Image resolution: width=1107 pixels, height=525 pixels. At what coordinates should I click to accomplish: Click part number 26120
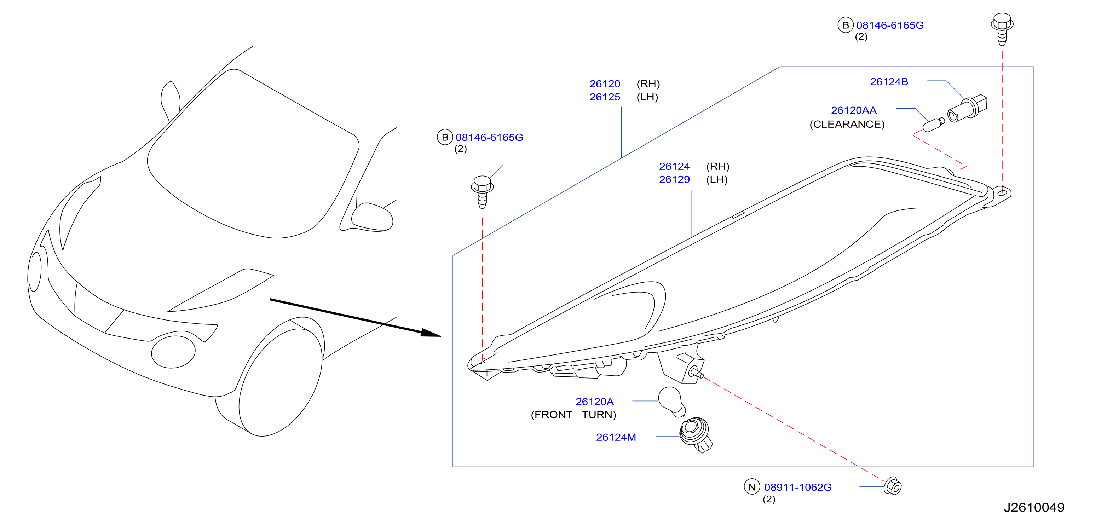tap(605, 84)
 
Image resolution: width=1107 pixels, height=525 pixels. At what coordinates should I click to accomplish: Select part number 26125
tap(605, 97)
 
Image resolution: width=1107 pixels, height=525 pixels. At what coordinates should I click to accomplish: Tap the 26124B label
tap(889, 82)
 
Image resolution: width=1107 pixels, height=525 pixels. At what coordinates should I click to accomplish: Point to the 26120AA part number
tap(853, 110)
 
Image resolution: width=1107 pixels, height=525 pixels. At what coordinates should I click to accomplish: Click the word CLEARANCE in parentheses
tap(847, 124)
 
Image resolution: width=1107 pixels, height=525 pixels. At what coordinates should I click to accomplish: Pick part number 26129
tap(674, 180)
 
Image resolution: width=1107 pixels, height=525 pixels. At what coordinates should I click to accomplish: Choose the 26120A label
tap(594, 402)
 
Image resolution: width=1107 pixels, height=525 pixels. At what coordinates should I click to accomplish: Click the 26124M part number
tap(616, 437)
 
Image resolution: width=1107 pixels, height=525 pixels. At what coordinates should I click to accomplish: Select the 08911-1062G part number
tap(797, 487)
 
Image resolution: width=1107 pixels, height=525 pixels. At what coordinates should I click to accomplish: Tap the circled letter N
tap(751, 487)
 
